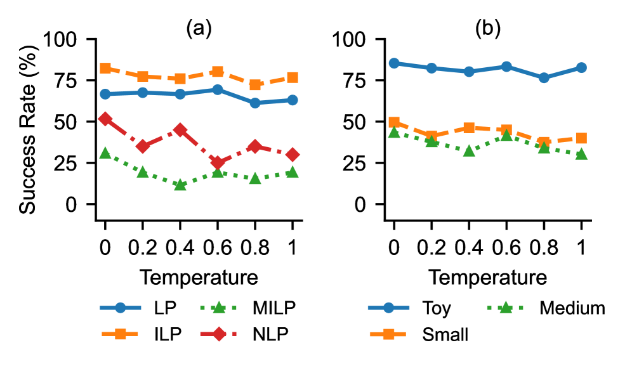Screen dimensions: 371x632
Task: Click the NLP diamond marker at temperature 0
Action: click(x=105, y=119)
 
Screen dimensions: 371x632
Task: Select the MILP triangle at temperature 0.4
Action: click(x=180, y=185)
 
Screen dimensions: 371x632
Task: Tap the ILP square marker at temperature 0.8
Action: click(x=255, y=84)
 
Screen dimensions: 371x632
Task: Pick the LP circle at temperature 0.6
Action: click(x=218, y=89)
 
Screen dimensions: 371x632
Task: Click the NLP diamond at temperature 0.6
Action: click(x=218, y=162)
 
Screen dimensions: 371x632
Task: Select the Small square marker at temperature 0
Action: click(x=394, y=122)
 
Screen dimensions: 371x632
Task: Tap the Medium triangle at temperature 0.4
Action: click(x=469, y=151)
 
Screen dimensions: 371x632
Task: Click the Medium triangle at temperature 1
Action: click(x=581, y=154)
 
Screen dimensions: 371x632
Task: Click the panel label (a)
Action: click(x=199, y=28)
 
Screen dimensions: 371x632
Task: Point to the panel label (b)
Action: click(x=487, y=28)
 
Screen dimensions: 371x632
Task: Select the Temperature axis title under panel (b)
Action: click(x=487, y=277)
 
